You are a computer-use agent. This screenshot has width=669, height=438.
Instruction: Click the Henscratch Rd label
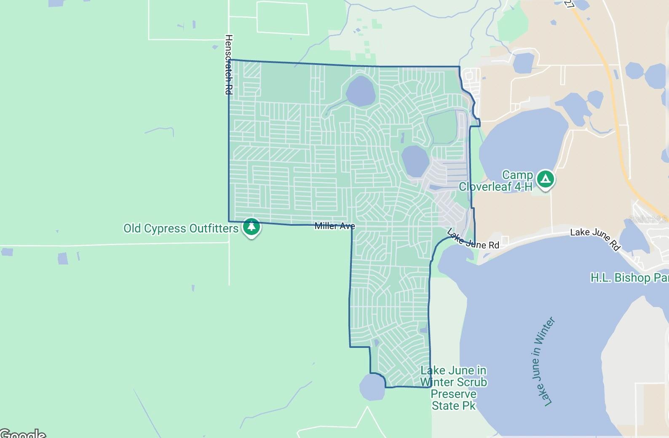229,64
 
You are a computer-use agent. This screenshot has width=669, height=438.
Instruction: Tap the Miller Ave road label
334,226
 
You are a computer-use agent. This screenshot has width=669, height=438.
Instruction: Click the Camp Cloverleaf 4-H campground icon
546,179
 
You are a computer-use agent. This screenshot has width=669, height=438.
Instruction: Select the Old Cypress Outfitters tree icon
252,227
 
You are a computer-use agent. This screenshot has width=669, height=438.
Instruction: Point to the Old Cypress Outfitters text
181,229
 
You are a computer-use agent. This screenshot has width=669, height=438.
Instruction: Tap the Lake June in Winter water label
543,362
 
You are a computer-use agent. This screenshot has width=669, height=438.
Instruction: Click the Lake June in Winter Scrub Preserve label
454,388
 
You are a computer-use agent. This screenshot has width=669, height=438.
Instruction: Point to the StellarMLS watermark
648,219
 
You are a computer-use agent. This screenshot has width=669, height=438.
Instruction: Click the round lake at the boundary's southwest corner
372,387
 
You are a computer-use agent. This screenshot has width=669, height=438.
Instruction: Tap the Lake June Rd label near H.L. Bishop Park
595,238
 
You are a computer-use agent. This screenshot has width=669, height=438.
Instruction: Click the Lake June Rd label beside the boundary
473,240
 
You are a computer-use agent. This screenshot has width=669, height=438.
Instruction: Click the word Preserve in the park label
454,394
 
